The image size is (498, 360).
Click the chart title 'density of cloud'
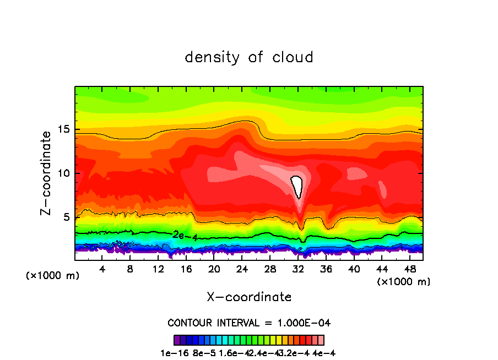[x=249, y=57]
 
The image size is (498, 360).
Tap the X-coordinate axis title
[x=249, y=297]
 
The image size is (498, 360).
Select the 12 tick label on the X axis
[x=158, y=269]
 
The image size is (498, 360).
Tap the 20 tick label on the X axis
[x=214, y=269]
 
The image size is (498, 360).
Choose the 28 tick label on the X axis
[x=270, y=269]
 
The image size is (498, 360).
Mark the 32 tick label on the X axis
[x=298, y=269]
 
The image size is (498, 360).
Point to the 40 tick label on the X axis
[x=354, y=269]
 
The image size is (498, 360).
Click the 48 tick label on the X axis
[x=409, y=269]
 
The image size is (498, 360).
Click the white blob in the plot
[x=297, y=186]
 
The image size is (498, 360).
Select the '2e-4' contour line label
[x=182, y=235]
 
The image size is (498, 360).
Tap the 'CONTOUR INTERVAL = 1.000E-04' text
[x=249, y=323]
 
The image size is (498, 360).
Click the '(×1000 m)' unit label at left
[x=53, y=275]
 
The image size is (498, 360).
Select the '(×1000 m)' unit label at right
[x=404, y=281]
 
